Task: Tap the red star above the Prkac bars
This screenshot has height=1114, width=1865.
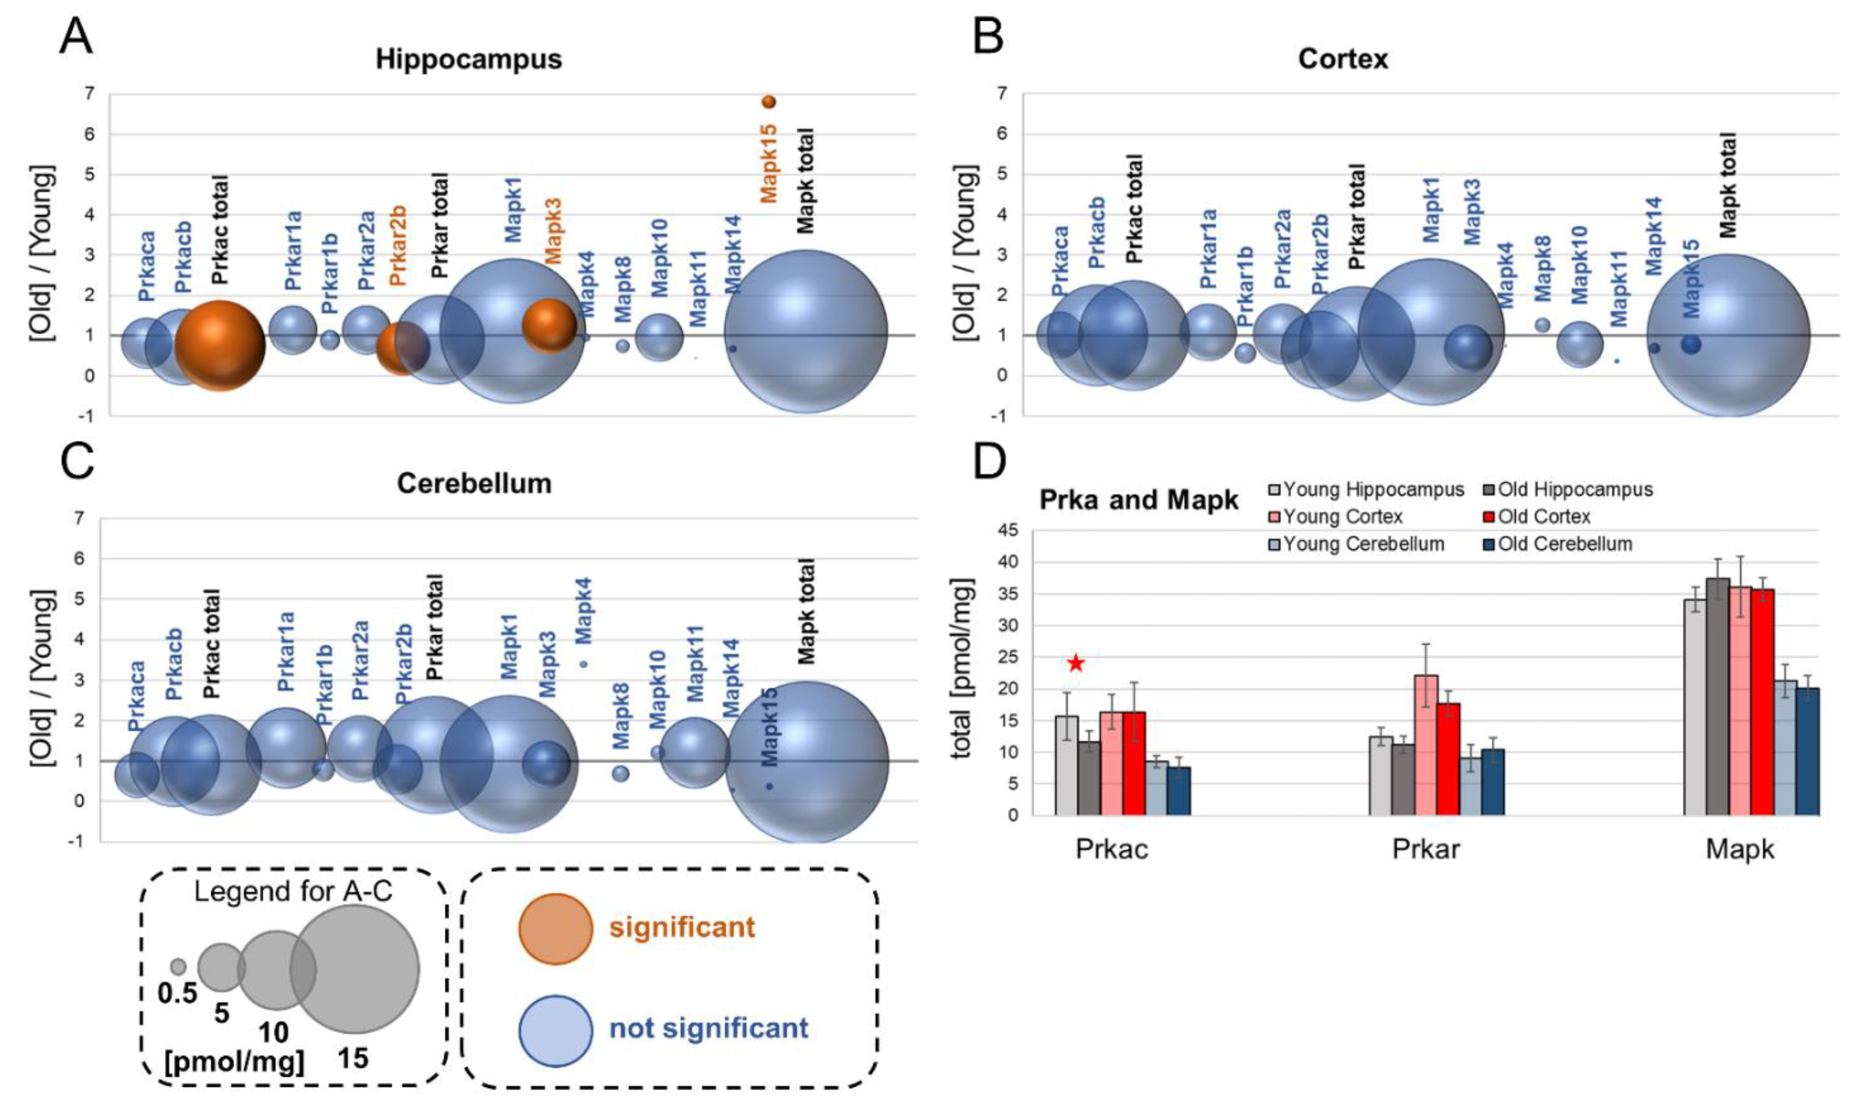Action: [x=1076, y=663]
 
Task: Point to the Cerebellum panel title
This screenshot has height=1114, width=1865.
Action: [x=474, y=483]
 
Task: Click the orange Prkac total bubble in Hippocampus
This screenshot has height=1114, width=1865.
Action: [x=220, y=346]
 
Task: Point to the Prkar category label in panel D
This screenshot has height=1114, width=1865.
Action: [x=1426, y=849]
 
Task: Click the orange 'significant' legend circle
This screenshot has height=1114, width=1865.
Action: [x=556, y=929]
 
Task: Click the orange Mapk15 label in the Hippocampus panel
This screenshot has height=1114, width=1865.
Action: [x=768, y=164]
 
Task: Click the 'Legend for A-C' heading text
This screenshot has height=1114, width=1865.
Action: [x=293, y=891]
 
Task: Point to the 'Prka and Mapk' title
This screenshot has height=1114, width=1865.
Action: [x=1138, y=500]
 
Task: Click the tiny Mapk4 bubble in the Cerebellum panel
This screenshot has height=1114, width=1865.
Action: [x=583, y=664]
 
